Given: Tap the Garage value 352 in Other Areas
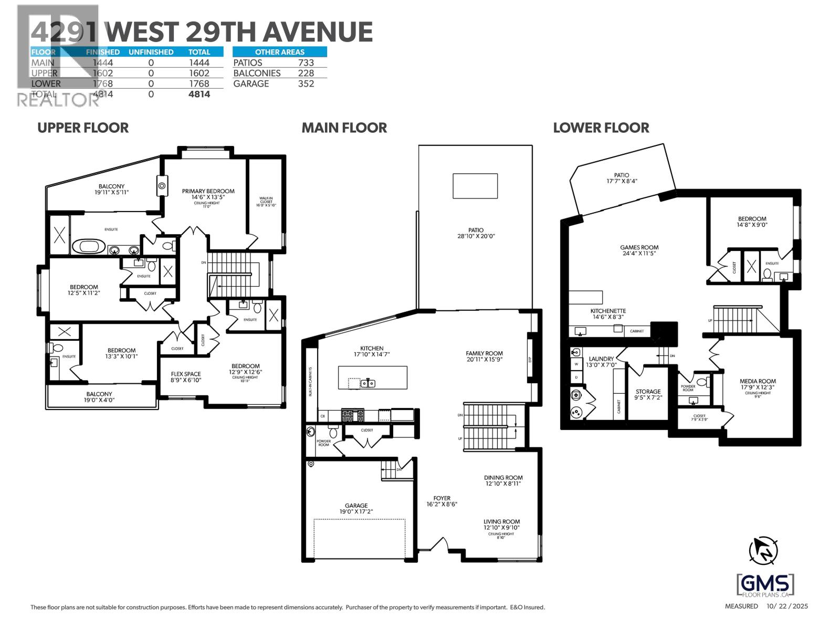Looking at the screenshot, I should click(306, 83).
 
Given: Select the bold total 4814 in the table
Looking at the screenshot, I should click(199, 94).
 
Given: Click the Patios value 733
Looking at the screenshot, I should click(306, 62).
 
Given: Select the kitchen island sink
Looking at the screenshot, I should click(367, 383).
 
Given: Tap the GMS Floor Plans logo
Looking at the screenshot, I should click(765, 585).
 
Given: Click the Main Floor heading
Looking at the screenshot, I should click(344, 128).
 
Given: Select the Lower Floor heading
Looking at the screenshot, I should click(601, 128).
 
